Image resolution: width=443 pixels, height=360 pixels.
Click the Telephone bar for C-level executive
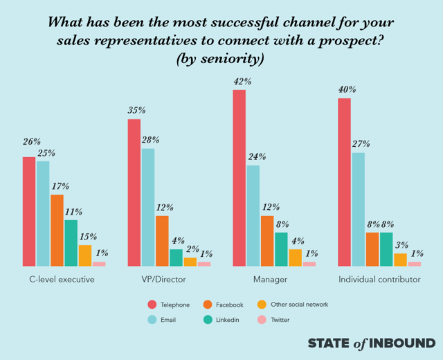(x=29, y=212)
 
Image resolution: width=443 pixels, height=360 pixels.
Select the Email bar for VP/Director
(x=148, y=208)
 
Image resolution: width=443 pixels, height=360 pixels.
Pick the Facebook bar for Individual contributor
(x=372, y=249)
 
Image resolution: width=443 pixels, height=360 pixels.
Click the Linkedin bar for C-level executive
(x=71, y=243)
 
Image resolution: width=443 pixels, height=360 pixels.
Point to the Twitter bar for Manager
(x=309, y=264)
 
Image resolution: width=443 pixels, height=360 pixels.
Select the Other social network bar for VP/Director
(x=190, y=262)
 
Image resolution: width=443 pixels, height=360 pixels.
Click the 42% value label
(x=239, y=82)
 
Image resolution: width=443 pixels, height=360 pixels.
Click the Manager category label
(x=270, y=280)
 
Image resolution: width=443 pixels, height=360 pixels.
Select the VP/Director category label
(x=164, y=280)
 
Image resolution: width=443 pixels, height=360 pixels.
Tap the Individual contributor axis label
(x=379, y=280)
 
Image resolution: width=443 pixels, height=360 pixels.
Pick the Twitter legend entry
(x=275, y=320)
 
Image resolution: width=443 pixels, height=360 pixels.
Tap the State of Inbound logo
(x=371, y=343)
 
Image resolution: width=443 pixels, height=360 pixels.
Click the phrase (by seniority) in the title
(x=221, y=59)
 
